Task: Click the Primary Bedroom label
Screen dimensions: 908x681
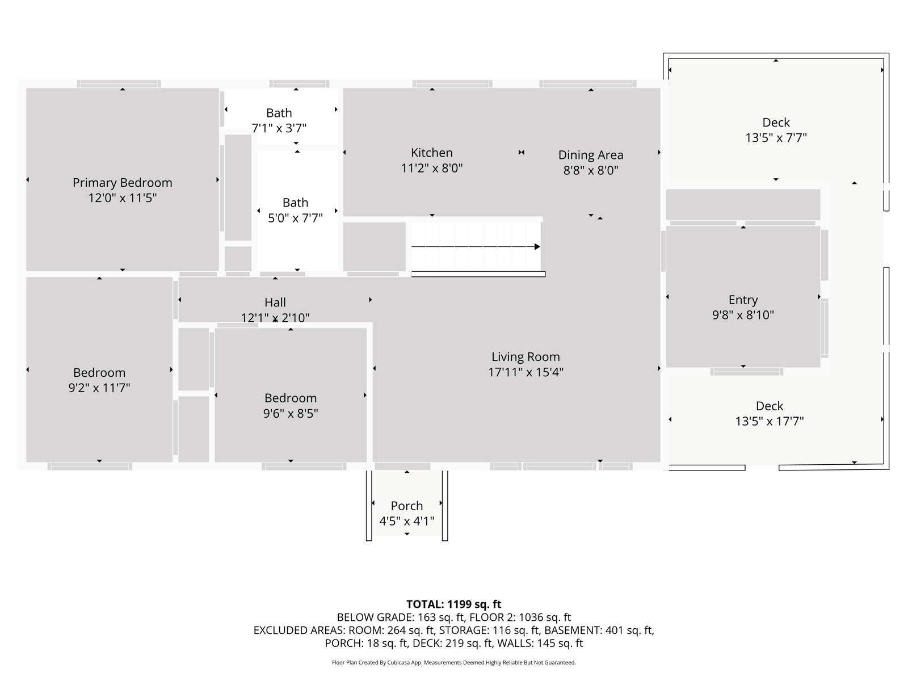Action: coord(123,183)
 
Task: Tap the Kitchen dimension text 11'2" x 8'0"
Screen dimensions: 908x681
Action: coord(431,169)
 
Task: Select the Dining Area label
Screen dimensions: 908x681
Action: coord(590,155)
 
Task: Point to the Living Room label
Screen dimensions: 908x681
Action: coord(526,357)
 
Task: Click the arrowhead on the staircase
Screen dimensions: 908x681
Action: coord(537,247)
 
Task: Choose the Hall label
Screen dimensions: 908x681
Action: coord(275,302)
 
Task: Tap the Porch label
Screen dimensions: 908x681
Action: coord(407,506)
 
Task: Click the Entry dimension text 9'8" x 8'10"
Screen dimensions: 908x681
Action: coord(742,315)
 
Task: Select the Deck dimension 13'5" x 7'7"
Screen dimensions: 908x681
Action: coord(776,138)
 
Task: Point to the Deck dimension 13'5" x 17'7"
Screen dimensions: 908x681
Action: coord(769,421)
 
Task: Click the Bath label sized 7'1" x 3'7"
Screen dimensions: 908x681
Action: coord(279,113)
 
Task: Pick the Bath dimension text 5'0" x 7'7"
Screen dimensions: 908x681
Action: coord(295,218)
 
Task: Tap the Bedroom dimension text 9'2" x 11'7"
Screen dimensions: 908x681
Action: coord(99,388)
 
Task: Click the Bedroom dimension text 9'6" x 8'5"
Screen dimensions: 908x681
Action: coord(291,414)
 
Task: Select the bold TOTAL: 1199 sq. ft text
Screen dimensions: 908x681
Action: coord(453,604)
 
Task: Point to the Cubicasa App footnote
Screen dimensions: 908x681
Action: coord(453,662)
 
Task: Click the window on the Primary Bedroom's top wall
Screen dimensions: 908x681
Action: coord(119,84)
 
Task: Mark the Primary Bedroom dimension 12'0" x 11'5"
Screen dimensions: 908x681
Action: coord(123,198)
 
